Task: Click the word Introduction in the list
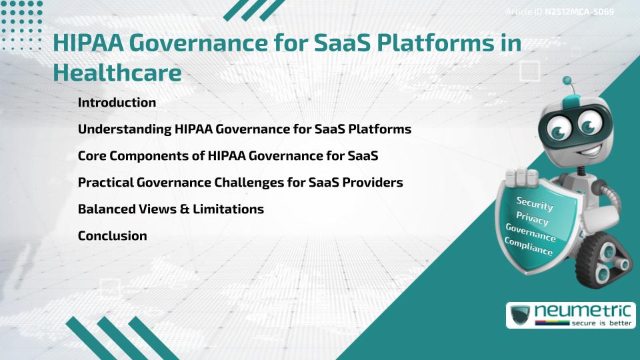[x=117, y=103]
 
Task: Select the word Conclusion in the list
[x=112, y=235]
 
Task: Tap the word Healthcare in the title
[x=117, y=73]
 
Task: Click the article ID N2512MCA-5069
[x=579, y=12]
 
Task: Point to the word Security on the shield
[x=535, y=203]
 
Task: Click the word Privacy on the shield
[x=532, y=219]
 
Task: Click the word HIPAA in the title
[x=87, y=43]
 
